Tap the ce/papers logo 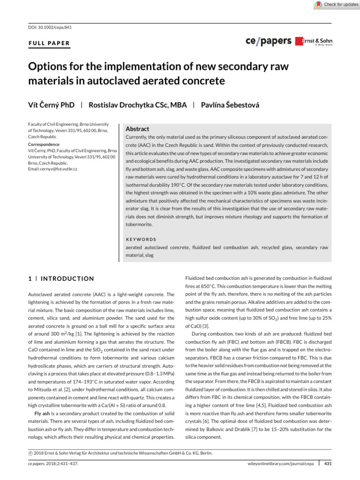pyautogui.click(x=268, y=41)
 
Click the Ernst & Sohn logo pyautogui.click(x=314, y=41)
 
